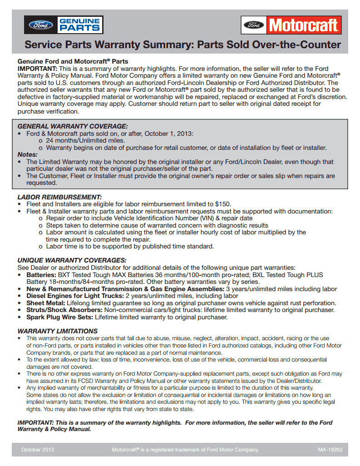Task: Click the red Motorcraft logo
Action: [291, 25]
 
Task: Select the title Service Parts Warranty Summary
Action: [182, 45]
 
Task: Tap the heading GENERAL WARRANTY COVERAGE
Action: [73, 126]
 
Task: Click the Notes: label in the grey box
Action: [27, 154]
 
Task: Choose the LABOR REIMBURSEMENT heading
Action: [59, 197]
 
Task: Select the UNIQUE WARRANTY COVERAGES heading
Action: [72, 260]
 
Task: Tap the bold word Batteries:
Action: [41, 275]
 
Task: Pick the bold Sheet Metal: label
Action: [45, 303]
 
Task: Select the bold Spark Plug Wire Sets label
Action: [59, 317]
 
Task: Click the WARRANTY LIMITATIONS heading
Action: [57, 331]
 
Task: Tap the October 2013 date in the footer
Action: [38, 450]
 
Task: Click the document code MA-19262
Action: [330, 450]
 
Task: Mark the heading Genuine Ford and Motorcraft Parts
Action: [73, 61]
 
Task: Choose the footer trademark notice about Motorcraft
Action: [185, 450]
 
